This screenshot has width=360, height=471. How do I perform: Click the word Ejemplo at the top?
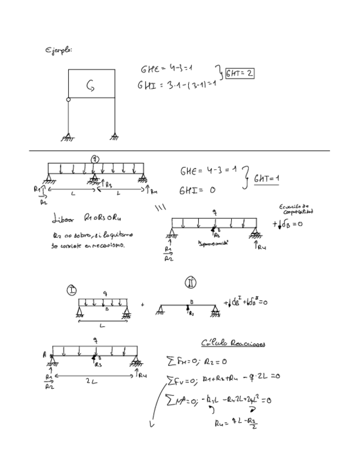coord(59,51)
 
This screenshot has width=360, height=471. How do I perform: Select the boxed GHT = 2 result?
coord(239,73)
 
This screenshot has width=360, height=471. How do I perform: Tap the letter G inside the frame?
coord(91,84)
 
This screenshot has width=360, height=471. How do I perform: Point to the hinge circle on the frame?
coord(68,100)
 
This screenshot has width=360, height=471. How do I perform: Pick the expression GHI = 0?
coord(197,191)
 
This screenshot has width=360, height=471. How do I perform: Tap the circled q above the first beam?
coord(95,158)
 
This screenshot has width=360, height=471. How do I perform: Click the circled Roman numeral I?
coord(72,289)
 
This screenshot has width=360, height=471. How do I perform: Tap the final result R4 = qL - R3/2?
coord(236,424)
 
